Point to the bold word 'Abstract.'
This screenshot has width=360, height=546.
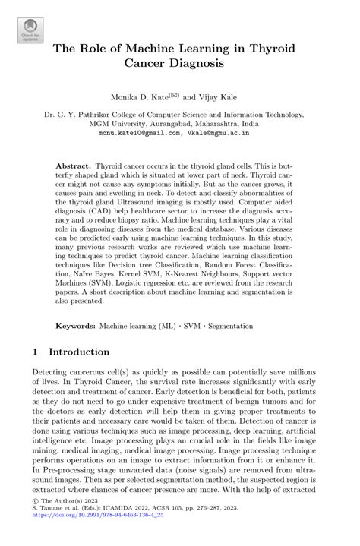pos(73,165)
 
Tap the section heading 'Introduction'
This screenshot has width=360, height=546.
pos(79,352)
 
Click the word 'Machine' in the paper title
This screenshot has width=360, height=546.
pos(150,50)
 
